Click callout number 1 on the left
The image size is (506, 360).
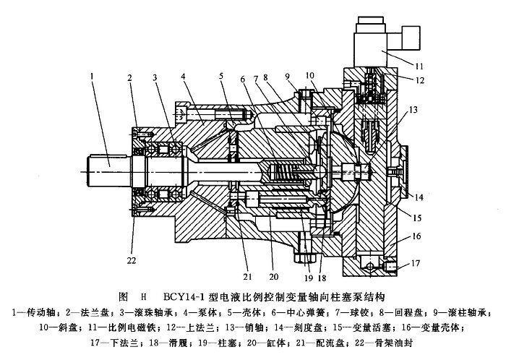click(x=93, y=73)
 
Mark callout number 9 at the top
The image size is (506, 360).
click(x=288, y=75)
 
